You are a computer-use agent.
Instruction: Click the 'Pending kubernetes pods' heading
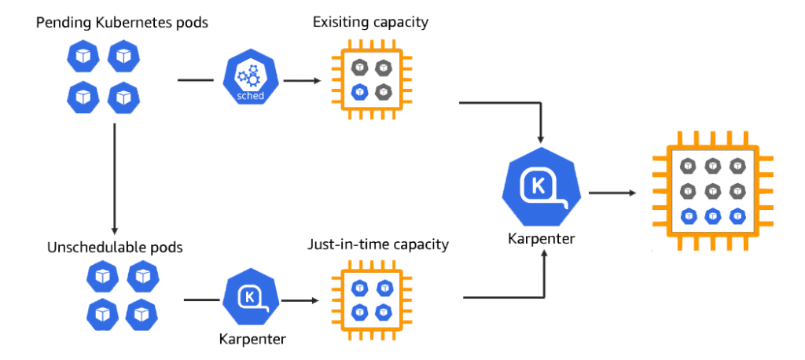coord(122,23)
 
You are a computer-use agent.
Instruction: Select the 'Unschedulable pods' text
coord(115,247)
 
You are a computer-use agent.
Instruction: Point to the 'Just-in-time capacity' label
coord(378,244)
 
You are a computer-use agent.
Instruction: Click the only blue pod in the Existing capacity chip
coord(359,92)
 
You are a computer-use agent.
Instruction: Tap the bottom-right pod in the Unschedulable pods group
coord(142,314)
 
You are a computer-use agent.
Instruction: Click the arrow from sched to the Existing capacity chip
coord(303,80)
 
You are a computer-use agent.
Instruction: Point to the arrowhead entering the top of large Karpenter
coord(541,138)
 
